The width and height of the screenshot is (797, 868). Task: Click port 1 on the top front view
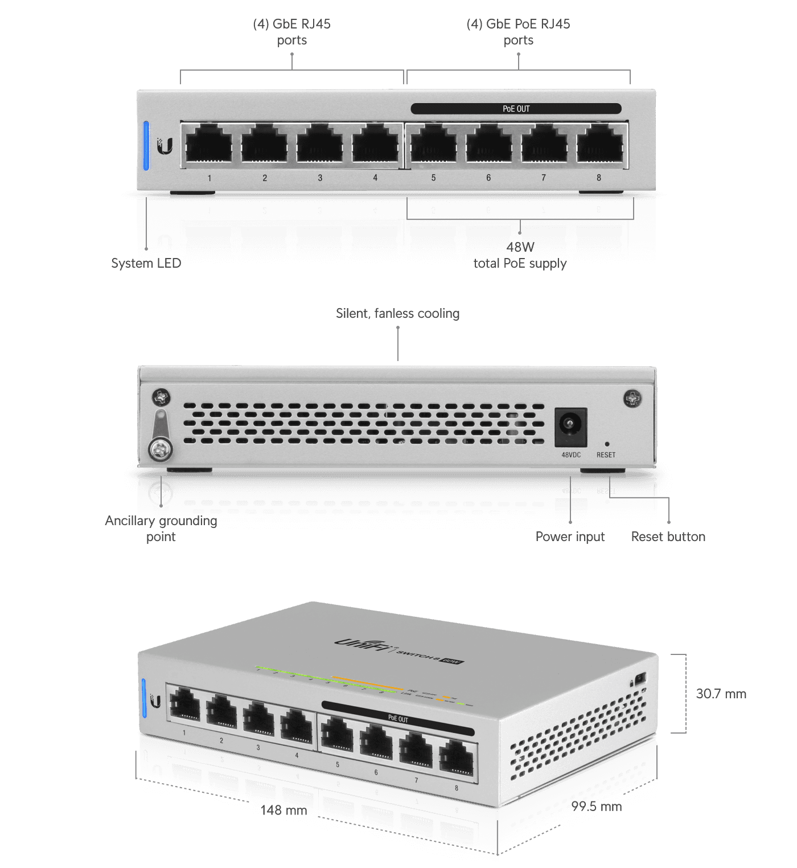pyautogui.click(x=209, y=145)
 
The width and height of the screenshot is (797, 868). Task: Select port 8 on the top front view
pyautogui.click(x=599, y=145)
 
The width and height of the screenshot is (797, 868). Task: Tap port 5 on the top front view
pyautogui.click(x=433, y=145)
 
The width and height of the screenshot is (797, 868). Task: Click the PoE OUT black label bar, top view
pyautogui.click(x=516, y=109)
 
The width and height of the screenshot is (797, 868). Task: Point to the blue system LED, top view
pyautogui.click(x=146, y=145)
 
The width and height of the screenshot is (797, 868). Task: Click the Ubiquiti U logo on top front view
pyautogui.click(x=165, y=146)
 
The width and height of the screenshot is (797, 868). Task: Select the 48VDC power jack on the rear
pyautogui.click(x=570, y=427)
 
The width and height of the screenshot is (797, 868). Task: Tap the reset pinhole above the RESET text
pyautogui.click(x=606, y=444)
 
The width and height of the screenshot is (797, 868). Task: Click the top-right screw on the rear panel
pyautogui.click(x=632, y=398)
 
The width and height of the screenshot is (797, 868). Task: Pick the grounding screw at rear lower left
pyautogui.click(x=161, y=449)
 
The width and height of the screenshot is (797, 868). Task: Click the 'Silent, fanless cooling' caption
pyautogui.click(x=397, y=314)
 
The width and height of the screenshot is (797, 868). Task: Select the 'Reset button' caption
pyautogui.click(x=668, y=537)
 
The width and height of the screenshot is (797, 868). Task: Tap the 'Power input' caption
pyautogui.click(x=570, y=537)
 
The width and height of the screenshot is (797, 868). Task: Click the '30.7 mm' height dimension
pyautogui.click(x=721, y=694)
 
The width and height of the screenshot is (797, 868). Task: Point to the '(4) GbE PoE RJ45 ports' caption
pyautogui.click(x=518, y=32)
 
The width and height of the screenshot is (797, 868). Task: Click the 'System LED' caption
pyautogui.click(x=146, y=263)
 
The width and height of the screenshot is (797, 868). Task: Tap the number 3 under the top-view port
pyautogui.click(x=320, y=178)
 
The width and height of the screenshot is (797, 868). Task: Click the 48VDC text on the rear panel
pyautogui.click(x=571, y=455)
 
